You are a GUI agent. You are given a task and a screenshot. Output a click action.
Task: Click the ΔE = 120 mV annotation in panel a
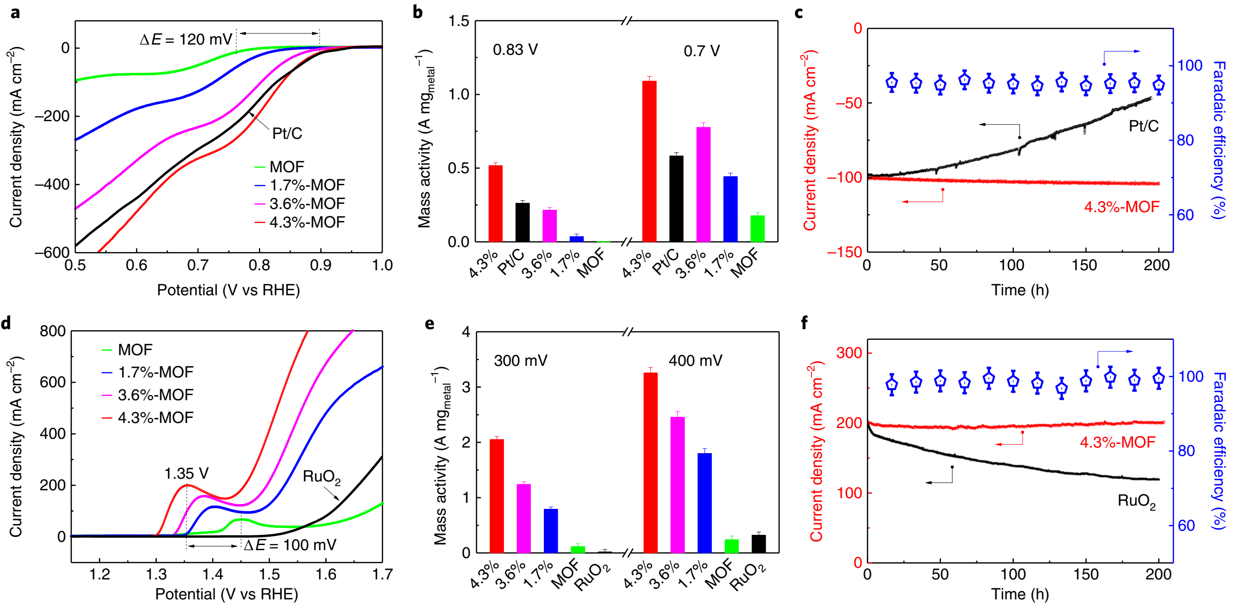[x=186, y=39]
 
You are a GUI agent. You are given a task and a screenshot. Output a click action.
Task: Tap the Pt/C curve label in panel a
[x=287, y=133]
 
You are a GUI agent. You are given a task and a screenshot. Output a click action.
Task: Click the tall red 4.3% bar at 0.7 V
[x=649, y=161]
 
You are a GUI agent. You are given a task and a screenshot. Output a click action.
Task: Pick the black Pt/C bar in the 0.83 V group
[x=522, y=222]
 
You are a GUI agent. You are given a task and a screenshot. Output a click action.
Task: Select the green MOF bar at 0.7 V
[x=757, y=228]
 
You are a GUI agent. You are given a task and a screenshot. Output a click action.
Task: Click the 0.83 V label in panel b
[x=515, y=50]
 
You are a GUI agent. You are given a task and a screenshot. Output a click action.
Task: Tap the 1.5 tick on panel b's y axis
[x=458, y=21]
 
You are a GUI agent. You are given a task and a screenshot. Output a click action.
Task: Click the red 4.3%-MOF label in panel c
[x=1122, y=207]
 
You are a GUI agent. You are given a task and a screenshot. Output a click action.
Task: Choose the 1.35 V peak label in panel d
[x=187, y=474]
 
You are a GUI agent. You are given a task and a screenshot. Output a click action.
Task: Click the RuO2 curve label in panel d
[x=322, y=477]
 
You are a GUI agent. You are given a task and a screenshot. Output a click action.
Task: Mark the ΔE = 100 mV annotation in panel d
[x=290, y=545]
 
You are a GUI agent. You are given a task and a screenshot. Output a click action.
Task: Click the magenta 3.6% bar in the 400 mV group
[x=677, y=485]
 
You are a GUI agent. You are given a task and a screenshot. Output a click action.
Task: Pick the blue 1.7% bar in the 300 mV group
[x=551, y=531]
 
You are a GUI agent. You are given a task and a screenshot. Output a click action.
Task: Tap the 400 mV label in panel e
[x=695, y=361]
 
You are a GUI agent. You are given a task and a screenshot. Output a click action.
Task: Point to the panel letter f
[x=805, y=323]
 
